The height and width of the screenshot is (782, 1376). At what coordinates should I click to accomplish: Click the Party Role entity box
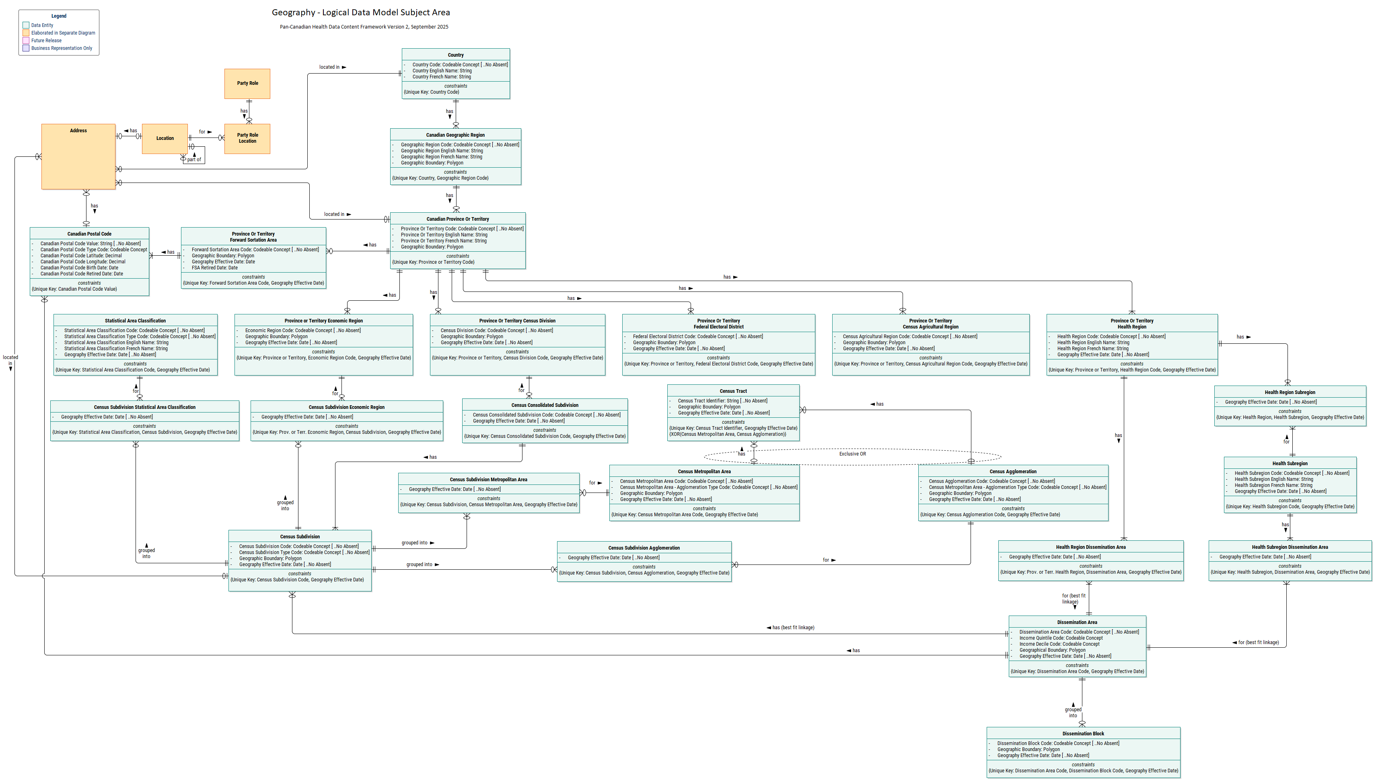247,83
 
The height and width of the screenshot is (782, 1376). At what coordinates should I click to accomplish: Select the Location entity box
165,139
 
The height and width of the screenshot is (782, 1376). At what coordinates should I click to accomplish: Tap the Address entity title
78,131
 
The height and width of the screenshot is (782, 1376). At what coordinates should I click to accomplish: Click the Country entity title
456,55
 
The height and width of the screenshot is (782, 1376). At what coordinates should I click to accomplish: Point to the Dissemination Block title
1083,734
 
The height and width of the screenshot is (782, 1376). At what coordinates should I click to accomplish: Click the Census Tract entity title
733,391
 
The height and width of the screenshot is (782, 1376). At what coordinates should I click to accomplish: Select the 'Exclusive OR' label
852,454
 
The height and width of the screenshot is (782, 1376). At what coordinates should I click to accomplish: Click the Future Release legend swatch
26,40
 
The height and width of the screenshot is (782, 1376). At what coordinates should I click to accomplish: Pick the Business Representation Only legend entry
61,48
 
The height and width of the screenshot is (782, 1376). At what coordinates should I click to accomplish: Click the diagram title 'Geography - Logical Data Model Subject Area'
360,12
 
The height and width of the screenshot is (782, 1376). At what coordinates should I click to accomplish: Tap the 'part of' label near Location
194,160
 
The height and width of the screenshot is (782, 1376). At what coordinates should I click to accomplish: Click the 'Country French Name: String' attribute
441,77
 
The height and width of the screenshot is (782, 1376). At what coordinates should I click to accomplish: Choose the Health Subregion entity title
1290,464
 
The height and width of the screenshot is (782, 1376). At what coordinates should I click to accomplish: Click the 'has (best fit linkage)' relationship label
792,627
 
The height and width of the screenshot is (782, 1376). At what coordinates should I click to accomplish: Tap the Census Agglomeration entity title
1013,472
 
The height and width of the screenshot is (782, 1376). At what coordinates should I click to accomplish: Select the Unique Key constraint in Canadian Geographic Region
440,179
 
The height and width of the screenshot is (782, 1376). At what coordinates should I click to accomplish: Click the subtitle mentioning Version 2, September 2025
364,27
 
